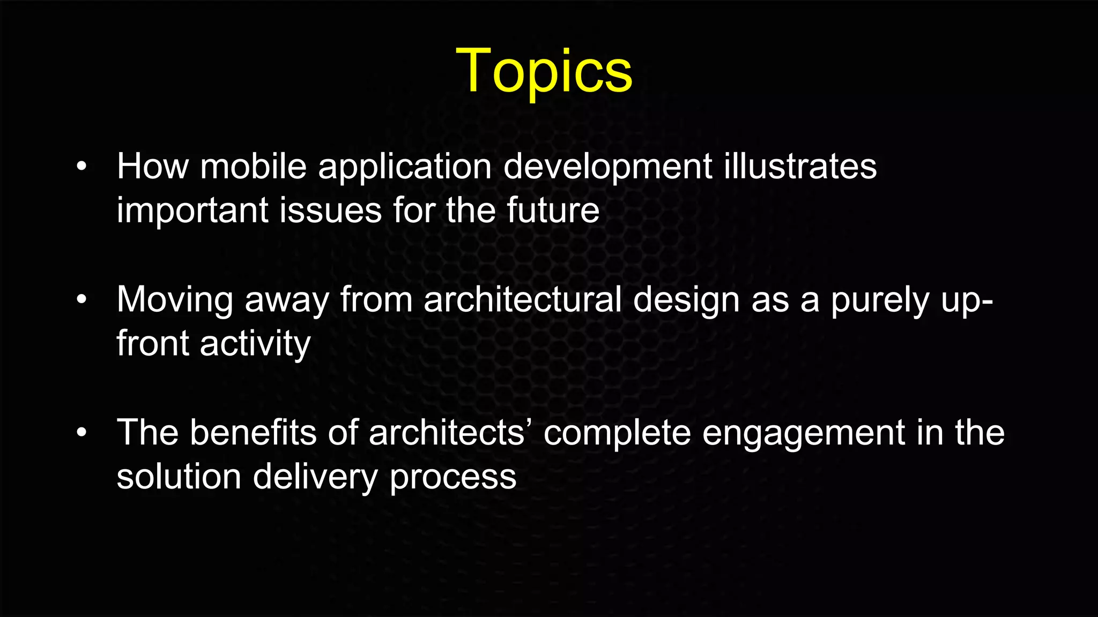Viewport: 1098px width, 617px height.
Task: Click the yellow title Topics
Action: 544,72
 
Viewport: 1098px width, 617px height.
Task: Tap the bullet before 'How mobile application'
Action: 81,167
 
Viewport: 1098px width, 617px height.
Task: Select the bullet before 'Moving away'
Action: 81,299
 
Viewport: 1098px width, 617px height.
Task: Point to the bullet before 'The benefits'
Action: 81,432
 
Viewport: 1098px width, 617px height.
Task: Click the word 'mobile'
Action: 253,166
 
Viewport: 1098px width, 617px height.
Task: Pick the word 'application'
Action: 405,167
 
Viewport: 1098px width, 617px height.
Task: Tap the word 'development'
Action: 608,167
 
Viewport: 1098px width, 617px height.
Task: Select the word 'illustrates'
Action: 800,166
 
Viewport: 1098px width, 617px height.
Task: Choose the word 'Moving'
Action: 175,300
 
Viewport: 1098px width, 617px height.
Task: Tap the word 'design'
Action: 686,300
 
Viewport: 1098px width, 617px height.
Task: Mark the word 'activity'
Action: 255,344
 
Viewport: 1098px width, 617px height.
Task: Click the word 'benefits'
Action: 253,432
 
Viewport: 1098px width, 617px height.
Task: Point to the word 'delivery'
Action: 315,477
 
